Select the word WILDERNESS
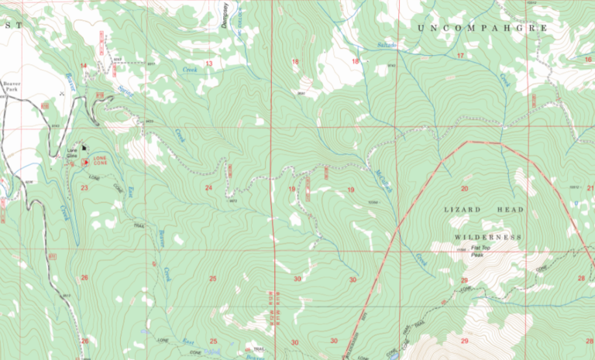487,236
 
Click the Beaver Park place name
12,87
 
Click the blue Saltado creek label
385,46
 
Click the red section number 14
84,67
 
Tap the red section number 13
209,63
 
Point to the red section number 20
465,189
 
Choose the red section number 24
208,187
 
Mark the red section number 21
590,188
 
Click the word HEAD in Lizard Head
511,210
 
